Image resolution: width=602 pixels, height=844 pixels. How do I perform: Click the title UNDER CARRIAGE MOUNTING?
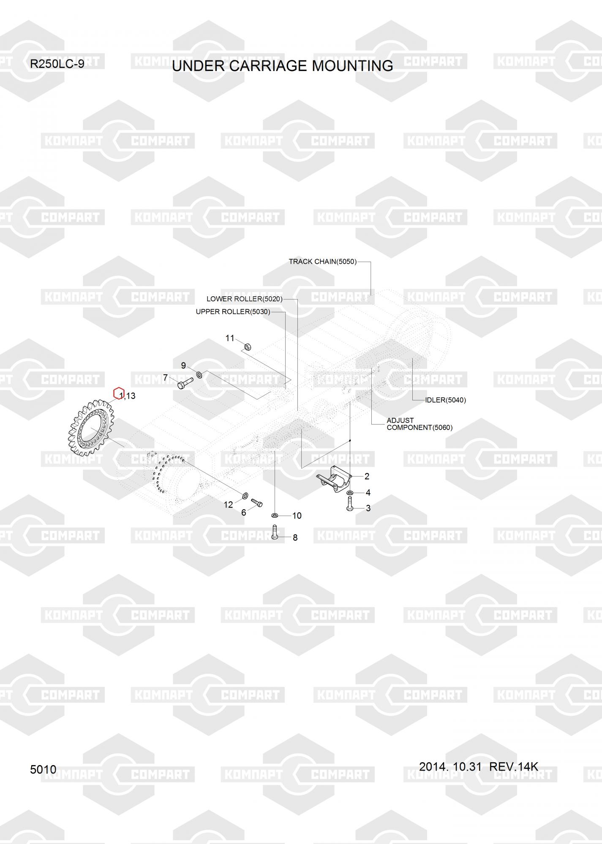click(282, 66)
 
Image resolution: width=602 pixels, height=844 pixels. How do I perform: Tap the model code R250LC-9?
click(57, 64)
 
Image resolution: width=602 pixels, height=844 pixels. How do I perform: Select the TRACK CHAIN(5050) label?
click(322, 262)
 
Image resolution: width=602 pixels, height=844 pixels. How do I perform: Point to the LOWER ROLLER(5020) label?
click(244, 299)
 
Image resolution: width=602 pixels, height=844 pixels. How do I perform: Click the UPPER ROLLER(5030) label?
click(233, 312)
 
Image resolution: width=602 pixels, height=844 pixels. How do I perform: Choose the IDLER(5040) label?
click(445, 400)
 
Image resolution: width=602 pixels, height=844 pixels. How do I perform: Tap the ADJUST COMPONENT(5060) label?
click(419, 424)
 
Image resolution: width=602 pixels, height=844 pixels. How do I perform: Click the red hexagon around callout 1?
click(119, 393)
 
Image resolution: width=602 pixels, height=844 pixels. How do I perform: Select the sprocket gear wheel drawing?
click(91, 427)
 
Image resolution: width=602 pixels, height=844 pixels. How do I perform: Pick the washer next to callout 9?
click(199, 374)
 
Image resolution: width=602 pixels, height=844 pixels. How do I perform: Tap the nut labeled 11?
click(248, 347)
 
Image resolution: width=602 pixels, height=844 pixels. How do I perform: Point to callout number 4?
click(368, 492)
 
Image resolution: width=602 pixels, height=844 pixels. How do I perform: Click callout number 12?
click(228, 505)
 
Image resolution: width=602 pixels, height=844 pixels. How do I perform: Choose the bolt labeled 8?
click(275, 532)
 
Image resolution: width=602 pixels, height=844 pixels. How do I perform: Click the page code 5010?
click(43, 769)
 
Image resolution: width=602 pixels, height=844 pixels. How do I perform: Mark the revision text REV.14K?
click(513, 766)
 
